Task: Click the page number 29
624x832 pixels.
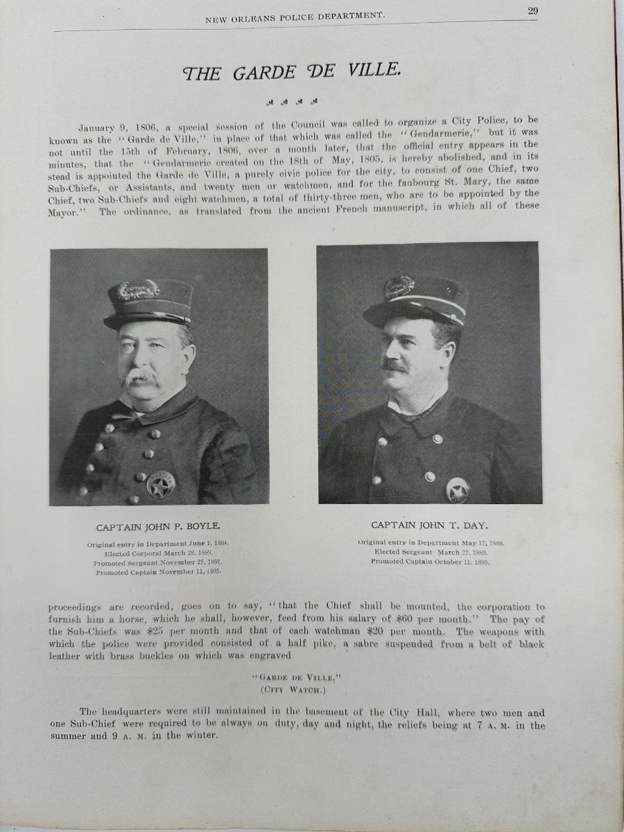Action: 532,10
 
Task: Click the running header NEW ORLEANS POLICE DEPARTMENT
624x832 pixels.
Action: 295,19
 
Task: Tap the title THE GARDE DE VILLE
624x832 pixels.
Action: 291,73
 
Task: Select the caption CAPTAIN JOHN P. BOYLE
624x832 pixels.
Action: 159,526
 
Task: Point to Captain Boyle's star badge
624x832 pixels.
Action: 161,484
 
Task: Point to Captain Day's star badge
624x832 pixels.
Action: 458,489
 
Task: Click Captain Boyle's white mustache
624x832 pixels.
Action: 141,379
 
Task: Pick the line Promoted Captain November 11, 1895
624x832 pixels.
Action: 159,573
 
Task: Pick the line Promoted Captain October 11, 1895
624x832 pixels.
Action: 430,562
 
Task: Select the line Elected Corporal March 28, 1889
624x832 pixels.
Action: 159,554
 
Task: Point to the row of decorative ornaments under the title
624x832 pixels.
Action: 292,103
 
